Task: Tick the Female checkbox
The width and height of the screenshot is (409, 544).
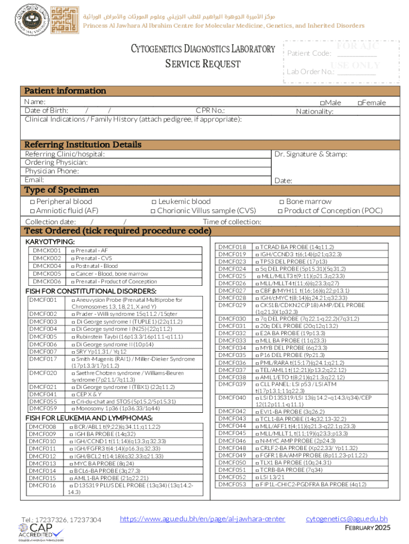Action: click(360, 103)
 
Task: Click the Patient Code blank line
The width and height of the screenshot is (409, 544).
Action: click(356, 54)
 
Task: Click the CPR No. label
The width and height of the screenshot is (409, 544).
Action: click(210, 110)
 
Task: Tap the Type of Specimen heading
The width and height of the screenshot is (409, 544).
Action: click(62, 190)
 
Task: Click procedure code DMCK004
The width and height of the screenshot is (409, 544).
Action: click(47, 266)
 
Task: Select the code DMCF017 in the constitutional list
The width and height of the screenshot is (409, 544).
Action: click(42, 359)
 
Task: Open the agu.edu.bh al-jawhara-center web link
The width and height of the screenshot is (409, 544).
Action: click(202, 518)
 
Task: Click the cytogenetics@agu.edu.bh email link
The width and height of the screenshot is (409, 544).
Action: click(347, 518)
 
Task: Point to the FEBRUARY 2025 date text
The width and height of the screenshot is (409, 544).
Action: click(368, 528)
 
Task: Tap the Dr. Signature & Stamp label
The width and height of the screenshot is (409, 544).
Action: click(311, 154)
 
